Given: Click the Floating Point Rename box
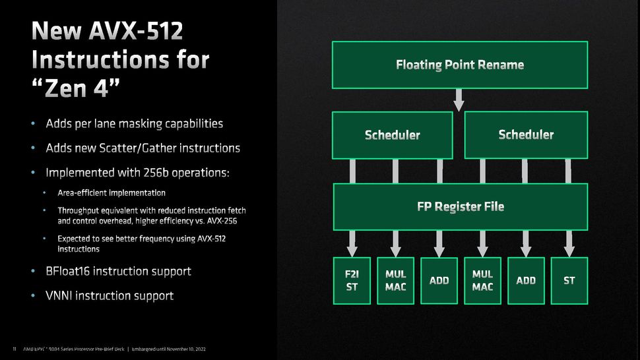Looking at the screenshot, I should (x=459, y=65).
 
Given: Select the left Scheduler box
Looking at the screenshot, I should (x=392, y=135).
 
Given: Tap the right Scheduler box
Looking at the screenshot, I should (x=526, y=135).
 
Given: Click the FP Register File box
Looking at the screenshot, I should (x=460, y=206).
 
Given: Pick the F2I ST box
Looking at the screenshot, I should (x=352, y=280).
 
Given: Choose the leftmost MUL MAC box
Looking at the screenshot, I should (x=395, y=280).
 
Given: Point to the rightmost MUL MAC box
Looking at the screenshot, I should (x=482, y=280).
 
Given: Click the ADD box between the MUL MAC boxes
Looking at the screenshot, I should (x=439, y=280).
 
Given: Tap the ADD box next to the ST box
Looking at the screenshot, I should (x=526, y=280).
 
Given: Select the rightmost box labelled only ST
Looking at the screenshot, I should (x=569, y=280).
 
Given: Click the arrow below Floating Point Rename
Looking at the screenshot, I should (x=459, y=100).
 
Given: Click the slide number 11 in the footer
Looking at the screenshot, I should (x=14, y=348).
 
